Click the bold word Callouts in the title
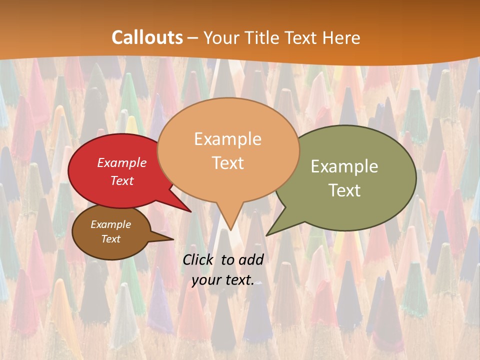click(147, 37)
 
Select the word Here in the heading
click(342, 37)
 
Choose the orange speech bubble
click(228, 150)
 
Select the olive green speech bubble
click(350, 178)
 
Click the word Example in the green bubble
click(344, 166)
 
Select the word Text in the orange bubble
click(228, 163)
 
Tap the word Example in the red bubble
click(122, 163)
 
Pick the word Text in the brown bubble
click(111, 239)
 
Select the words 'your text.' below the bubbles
click(223, 280)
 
